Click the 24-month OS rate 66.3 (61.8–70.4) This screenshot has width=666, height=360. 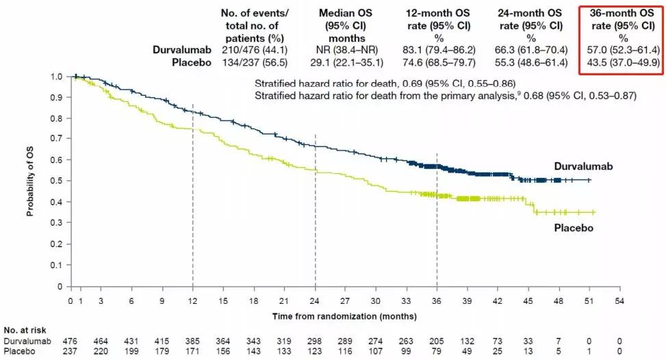coord(526,50)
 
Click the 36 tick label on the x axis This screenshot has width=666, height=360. coord(437,300)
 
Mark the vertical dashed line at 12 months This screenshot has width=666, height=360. coord(192,205)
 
